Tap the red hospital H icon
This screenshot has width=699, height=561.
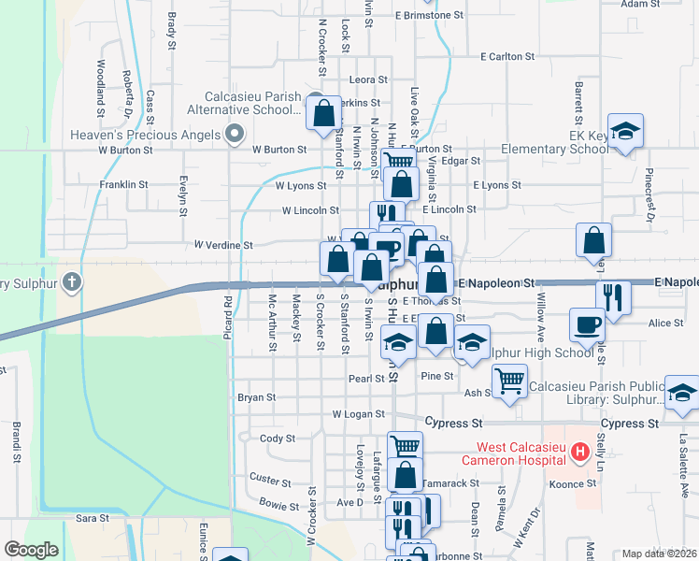click(x=580, y=453)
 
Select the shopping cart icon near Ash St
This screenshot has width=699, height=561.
click(x=509, y=381)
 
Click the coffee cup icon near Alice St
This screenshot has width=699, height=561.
click(x=587, y=324)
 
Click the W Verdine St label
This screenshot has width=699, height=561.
click(x=223, y=245)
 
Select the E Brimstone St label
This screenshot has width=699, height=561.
click(x=429, y=16)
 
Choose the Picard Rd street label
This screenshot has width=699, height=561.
click(x=228, y=313)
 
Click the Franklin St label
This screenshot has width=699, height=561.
click(x=124, y=185)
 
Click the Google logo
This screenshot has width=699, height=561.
click(x=32, y=550)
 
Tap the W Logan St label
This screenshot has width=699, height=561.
click(x=359, y=413)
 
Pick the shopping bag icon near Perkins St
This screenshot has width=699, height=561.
click(x=323, y=114)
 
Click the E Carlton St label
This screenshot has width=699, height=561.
click(x=507, y=57)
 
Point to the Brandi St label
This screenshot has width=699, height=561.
click(x=17, y=441)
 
